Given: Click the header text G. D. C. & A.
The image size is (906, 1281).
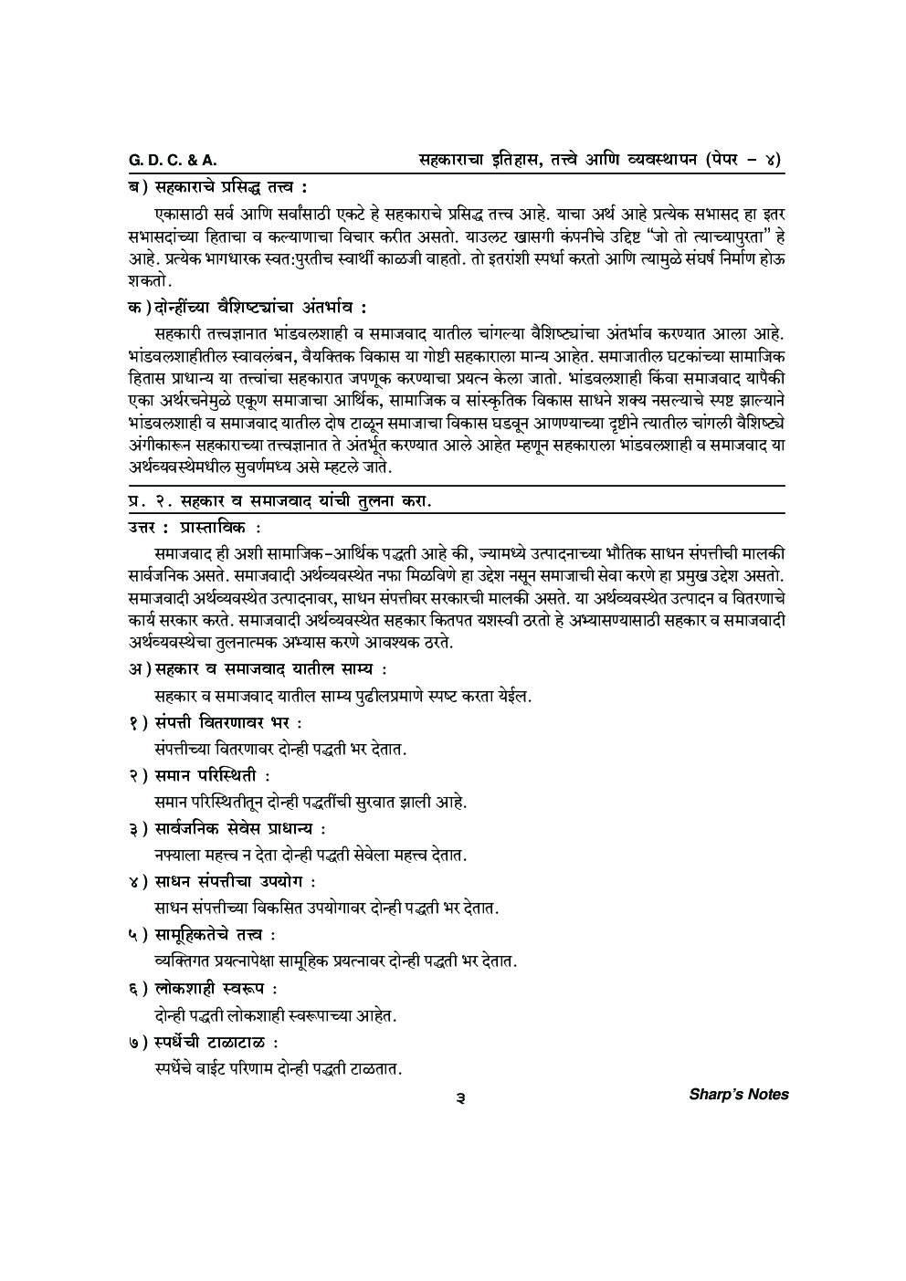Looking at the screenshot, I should [173, 161].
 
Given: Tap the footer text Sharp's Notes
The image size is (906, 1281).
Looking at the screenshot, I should [738, 1094].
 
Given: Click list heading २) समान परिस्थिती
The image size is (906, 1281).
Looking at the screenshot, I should [199, 776].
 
